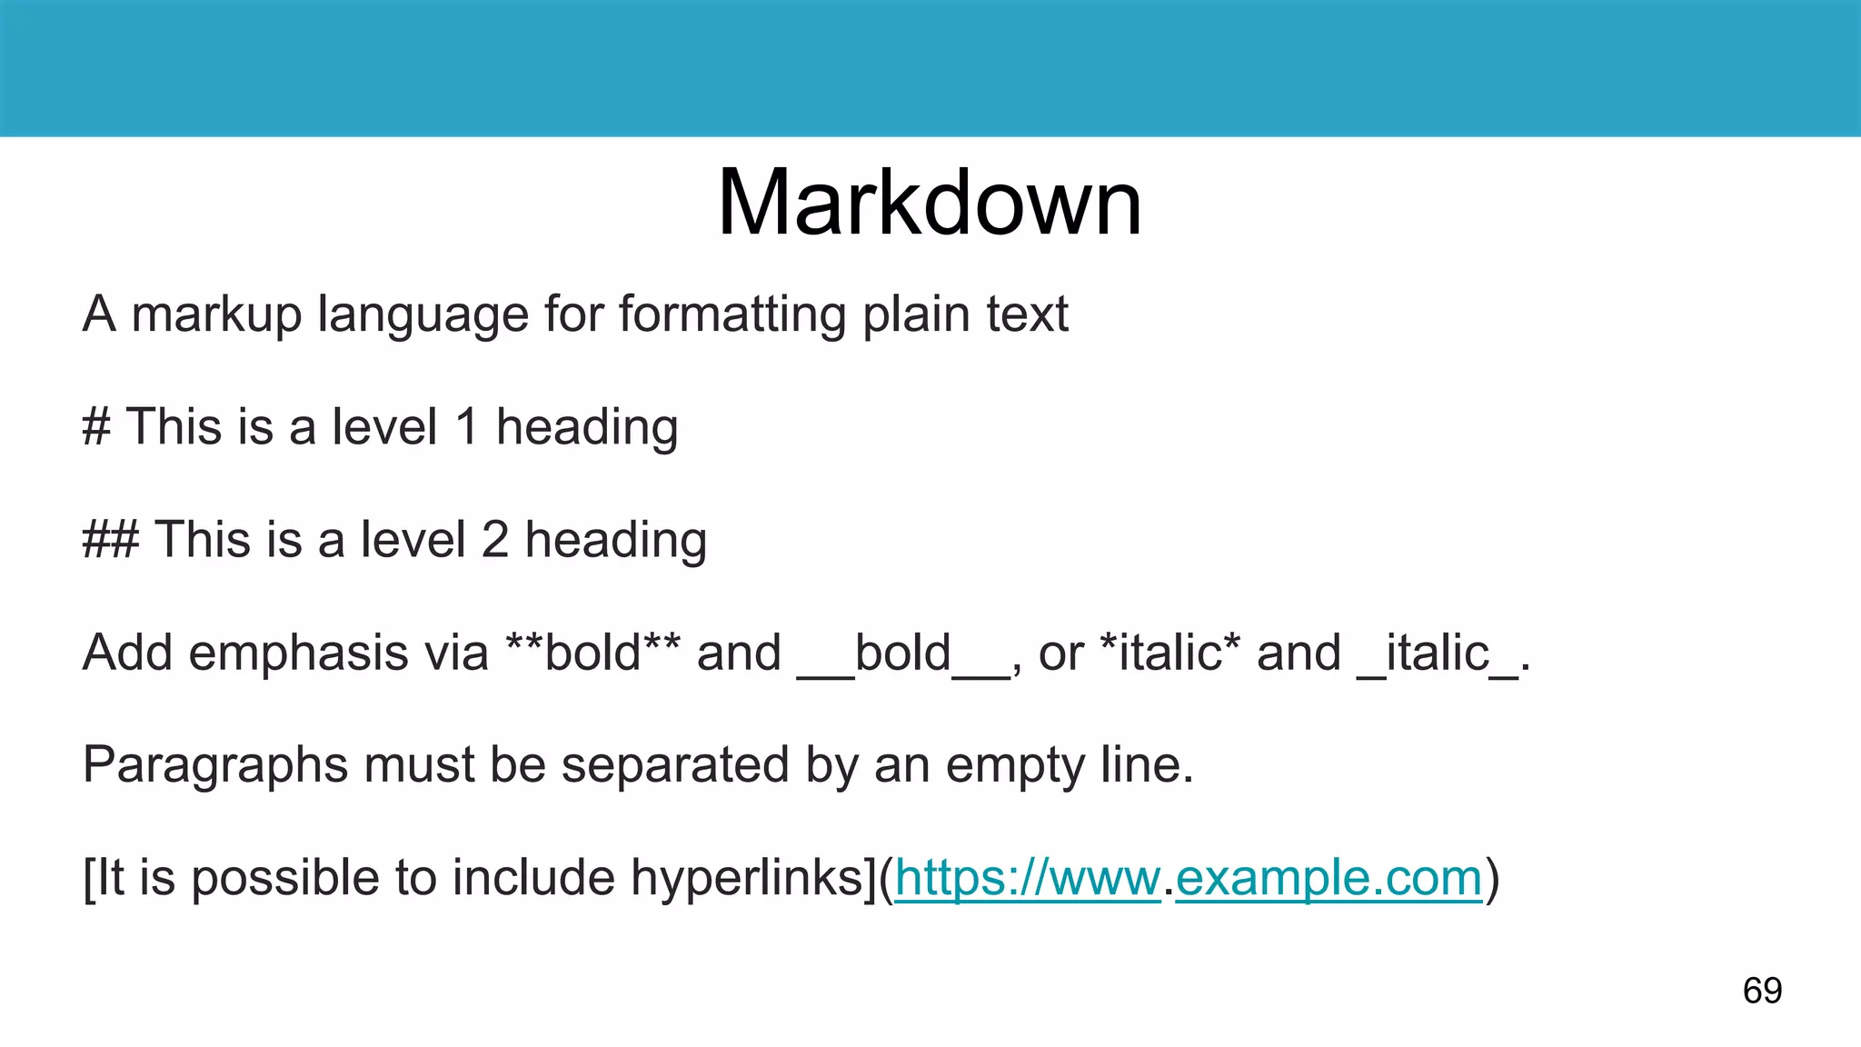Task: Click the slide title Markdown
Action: (930, 204)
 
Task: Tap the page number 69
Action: (1762, 990)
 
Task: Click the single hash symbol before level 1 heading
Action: (96, 426)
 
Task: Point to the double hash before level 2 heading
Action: (111, 539)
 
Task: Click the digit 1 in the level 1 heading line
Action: (467, 426)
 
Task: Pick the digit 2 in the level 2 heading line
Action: (495, 539)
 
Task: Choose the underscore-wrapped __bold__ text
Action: (903, 652)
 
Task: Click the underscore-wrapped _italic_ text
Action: (1437, 652)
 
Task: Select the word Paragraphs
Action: (215, 764)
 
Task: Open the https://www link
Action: (1027, 878)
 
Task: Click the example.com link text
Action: (1329, 878)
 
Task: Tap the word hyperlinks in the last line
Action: (752, 878)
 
